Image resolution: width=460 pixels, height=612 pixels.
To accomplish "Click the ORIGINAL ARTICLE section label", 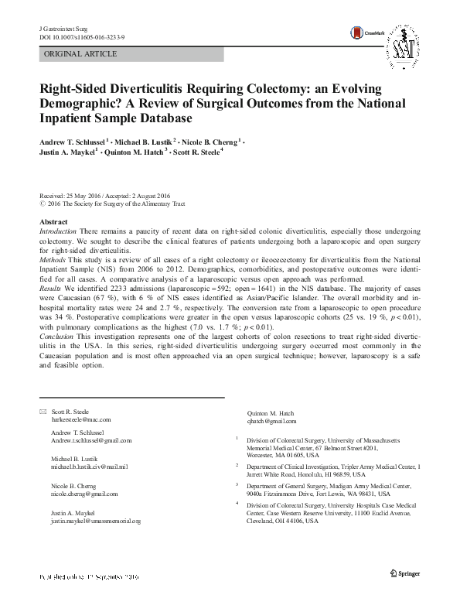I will click(82, 54).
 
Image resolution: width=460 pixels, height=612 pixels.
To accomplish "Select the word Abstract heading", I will click(53, 222).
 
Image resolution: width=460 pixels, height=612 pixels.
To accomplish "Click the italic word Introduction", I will click(57, 231).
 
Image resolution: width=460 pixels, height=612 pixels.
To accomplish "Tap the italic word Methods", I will click(53, 260).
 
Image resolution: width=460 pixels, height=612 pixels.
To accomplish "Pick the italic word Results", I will click(51, 289).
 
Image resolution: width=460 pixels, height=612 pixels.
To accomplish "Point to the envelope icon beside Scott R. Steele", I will click(41, 412).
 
